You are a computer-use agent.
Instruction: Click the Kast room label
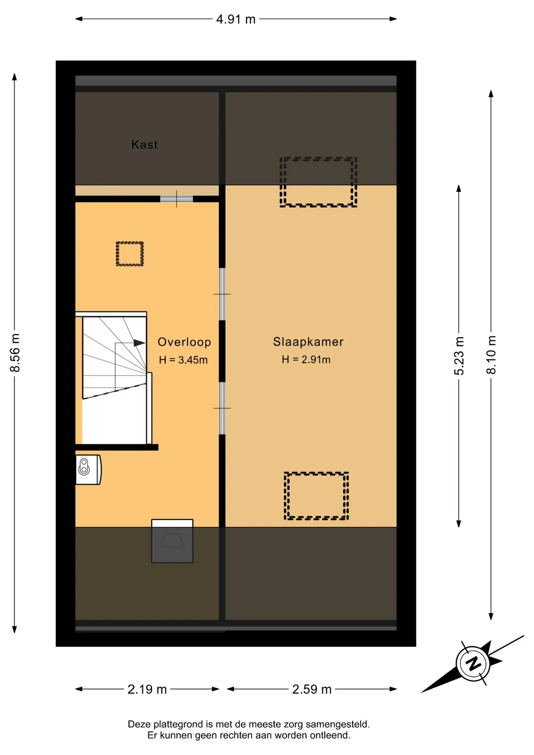point(144,145)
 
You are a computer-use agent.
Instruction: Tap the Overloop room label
point(184,342)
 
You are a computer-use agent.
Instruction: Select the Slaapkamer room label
point(308,342)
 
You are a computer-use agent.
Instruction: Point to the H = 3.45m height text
point(183,360)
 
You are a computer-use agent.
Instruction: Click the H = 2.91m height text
point(306,359)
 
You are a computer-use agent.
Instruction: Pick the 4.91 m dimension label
point(236,19)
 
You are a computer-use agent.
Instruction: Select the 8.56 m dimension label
point(15,353)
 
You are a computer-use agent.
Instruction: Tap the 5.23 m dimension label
point(459,355)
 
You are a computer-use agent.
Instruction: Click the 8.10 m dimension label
point(491,355)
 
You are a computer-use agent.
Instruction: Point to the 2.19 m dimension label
point(147,689)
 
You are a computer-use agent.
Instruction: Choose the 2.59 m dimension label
point(312,689)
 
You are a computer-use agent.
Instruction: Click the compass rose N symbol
point(473,664)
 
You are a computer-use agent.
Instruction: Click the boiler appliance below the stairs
point(88,470)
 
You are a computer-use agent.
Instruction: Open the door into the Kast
point(177,199)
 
